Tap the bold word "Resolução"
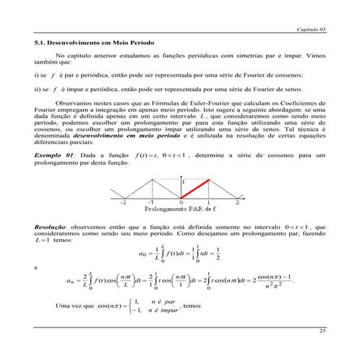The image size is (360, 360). [53, 226]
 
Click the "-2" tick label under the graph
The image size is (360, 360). [125, 203]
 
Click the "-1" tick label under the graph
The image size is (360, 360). [153, 203]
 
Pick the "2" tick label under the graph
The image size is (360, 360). [237, 203]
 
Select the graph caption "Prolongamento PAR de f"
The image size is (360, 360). [181, 210]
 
